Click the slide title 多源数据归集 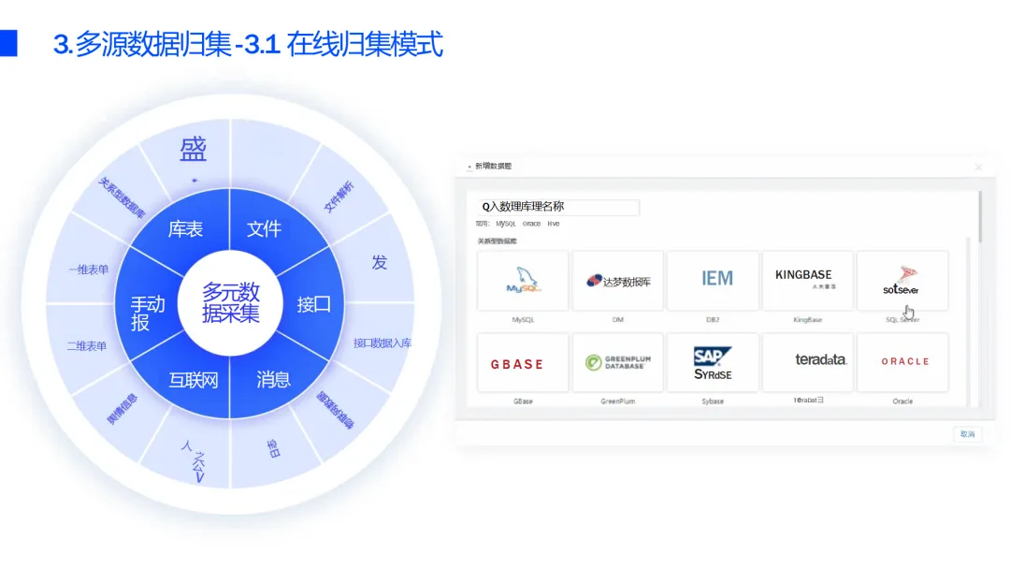pos(248,44)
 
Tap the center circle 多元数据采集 pos(231,302)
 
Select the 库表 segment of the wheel pos(185,229)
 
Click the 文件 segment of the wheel pos(264,228)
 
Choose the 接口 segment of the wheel pos(314,304)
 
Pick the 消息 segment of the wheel pos(273,379)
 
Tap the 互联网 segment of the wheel pos(194,380)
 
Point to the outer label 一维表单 pos(88,270)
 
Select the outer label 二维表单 pos(87,345)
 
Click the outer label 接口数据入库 pos(382,343)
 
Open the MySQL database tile pos(523,280)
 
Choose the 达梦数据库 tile pos(618,280)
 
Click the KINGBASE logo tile pos(808,280)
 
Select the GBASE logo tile pos(523,363)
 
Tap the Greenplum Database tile pos(618,362)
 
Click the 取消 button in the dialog pos(967,434)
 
